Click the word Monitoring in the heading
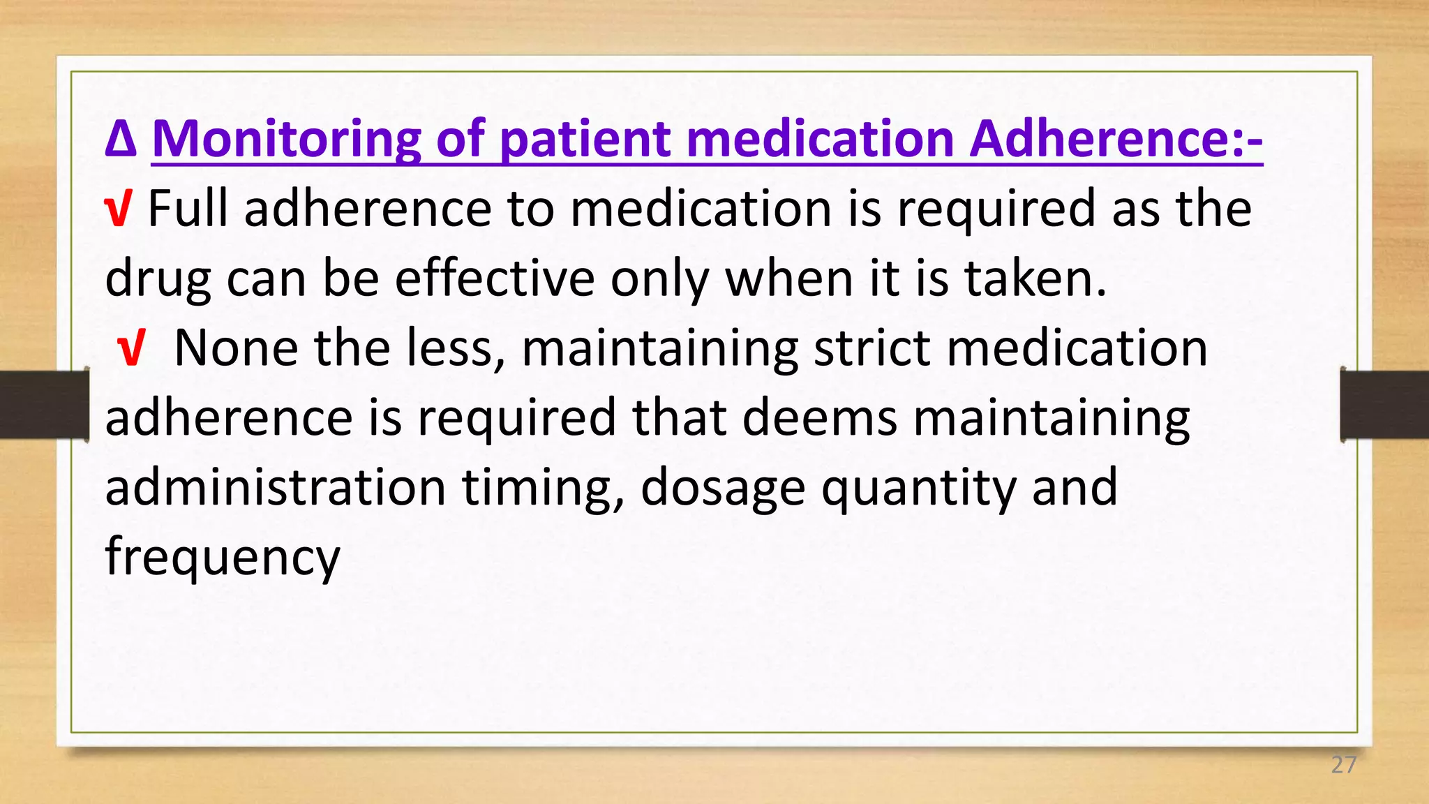click(286, 139)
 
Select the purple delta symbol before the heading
click(120, 139)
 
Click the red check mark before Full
click(117, 209)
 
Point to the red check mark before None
click(130, 349)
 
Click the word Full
click(188, 209)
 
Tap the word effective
click(495, 278)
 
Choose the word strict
click(872, 348)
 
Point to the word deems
click(820, 418)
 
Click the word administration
click(276, 488)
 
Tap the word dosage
click(723, 489)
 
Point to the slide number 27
click(1343, 765)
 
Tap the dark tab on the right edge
click(1384, 405)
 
